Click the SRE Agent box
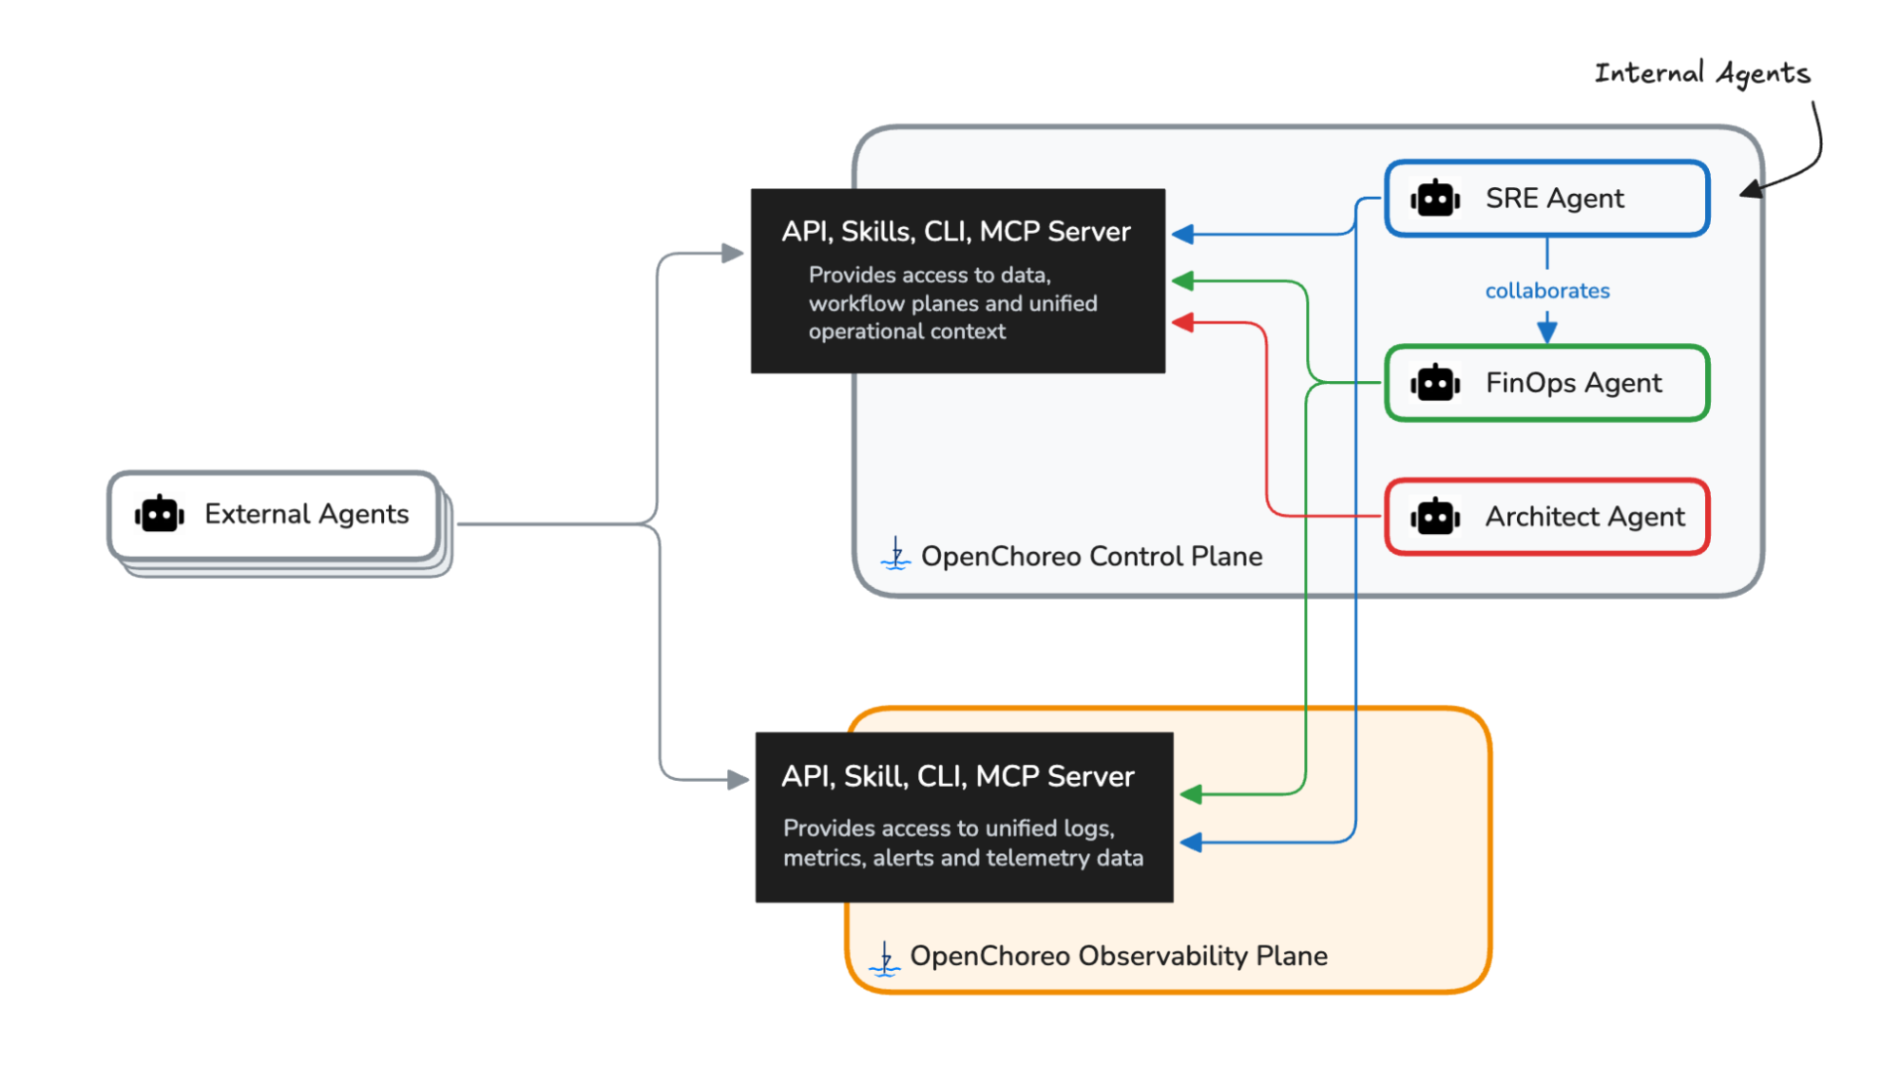(1546, 199)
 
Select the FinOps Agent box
(1546, 383)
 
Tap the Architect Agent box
(1546, 517)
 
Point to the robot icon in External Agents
(159, 514)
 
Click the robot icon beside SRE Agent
(1435, 199)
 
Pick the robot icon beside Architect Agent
(1435, 517)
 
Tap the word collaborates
(1547, 291)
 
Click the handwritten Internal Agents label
(1702, 74)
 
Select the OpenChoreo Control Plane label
(1092, 556)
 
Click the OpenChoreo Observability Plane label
(1119, 956)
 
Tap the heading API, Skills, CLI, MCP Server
(956, 232)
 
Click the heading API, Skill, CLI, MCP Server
(958, 777)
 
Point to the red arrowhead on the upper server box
(1182, 323)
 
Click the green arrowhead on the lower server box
(1191, 794)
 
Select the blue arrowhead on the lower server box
(1191, 843)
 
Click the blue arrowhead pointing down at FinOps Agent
(1547, 332)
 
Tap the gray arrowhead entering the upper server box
(733, 254)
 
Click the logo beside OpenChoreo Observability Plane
(885, 959)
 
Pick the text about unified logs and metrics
(963, 843)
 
